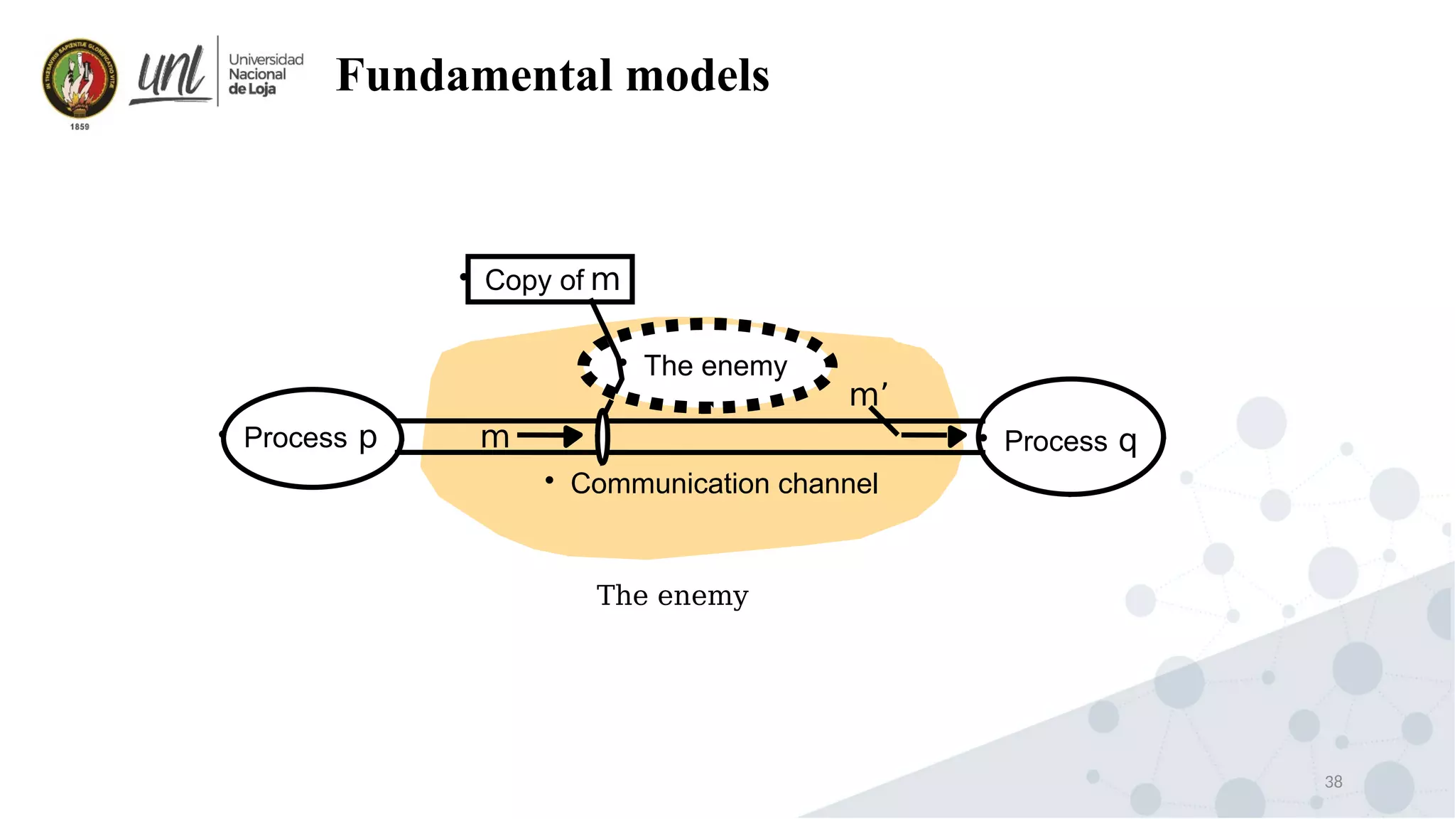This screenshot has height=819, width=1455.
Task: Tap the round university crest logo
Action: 80,79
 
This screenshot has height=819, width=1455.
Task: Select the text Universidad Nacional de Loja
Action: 264,74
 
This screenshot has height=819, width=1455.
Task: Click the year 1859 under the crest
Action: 80,127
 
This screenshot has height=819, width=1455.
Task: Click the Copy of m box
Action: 550,279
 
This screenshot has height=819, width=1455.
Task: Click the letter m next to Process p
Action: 494,437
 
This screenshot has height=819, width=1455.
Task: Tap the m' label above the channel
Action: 867,395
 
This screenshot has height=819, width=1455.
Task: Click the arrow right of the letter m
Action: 551,435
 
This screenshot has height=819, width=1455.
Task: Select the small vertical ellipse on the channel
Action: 602,437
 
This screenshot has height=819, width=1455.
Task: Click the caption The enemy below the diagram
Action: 672,596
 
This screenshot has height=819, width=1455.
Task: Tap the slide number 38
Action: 1334,781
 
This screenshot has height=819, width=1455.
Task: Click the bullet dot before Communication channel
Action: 549,481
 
